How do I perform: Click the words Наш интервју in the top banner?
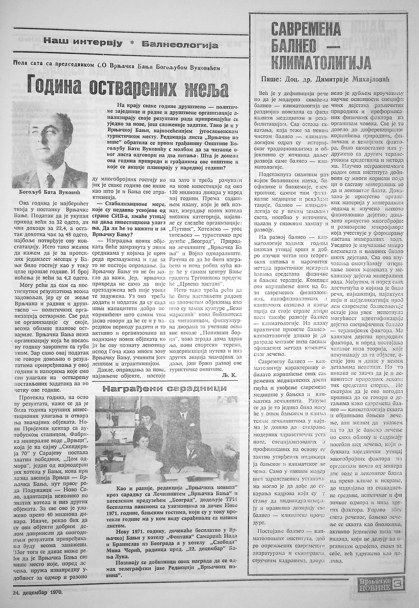point(83,43)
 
